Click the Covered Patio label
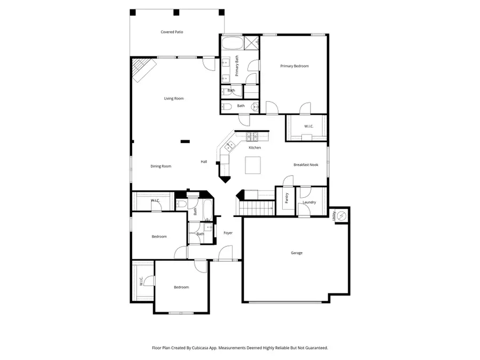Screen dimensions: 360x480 point(172,32)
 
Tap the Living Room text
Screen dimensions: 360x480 point(174,98)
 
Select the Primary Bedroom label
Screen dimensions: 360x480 point(294,66)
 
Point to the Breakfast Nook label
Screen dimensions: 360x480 point(306,165)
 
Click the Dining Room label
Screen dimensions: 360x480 point(161,166)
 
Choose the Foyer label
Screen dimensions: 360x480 point(228,233)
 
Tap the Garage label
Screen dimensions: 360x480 point(297,253)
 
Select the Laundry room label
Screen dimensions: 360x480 point(309,202)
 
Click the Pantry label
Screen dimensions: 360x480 point(287,198)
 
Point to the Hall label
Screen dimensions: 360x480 point(204,162)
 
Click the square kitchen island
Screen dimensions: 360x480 point(254,165)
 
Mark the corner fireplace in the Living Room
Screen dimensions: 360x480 point(143,70)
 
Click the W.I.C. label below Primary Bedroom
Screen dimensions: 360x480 point(309,126)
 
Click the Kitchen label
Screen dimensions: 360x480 point(255,147)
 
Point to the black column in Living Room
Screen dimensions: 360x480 point(185,141)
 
